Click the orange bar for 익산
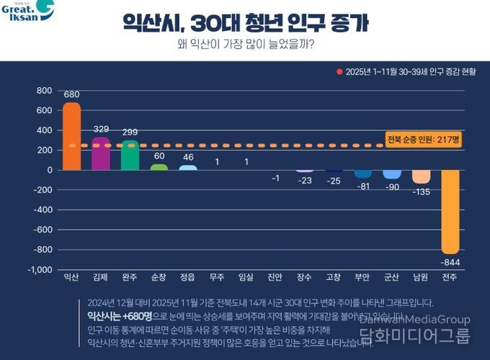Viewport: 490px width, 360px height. (71, 136)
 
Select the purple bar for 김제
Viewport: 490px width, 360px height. (101, 153)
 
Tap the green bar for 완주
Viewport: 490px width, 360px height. (130, 155)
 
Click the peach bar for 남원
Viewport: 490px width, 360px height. (421, 176)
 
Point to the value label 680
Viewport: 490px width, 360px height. (71, 94)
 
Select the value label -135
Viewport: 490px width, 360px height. (421, 192)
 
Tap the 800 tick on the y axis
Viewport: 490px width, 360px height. (44, 91)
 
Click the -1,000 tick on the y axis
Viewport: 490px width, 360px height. (39, 269)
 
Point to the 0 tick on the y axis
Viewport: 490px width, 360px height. (49, 170)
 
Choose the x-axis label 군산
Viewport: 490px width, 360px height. (391, 277)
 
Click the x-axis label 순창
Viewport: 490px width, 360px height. (159, 277)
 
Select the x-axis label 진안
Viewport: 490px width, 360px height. (275, 277)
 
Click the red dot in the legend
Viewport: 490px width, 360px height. (339, 71)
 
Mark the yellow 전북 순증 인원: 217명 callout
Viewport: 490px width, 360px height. (423, 139)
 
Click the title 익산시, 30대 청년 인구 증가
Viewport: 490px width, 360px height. (245, 22)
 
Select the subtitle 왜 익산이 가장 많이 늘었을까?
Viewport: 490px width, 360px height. (245, 45)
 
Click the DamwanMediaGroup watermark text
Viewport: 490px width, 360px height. (414, 320)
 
